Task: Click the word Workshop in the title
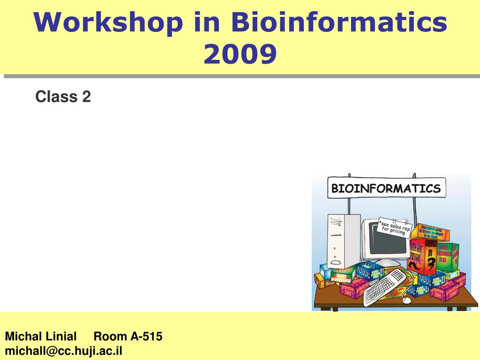pos(108,23)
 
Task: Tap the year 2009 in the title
pos(240,54)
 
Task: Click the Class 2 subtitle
pos(63,97)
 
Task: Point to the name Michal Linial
pos(41,336)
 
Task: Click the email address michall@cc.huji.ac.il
pos(64,351)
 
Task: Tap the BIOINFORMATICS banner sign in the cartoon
pos(386,188)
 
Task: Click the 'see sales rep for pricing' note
pos(394,228)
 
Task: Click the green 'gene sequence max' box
pos(448,257)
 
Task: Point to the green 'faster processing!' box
pos(344,276)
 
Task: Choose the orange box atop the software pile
pos(433,232)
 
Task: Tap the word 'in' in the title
pos(206,23)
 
